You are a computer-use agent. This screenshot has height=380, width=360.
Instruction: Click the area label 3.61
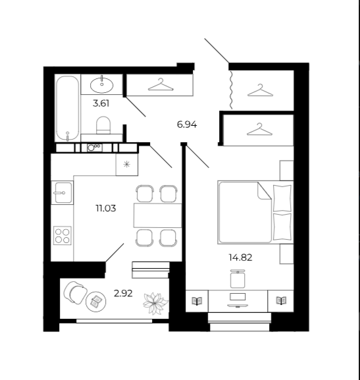[101, 103]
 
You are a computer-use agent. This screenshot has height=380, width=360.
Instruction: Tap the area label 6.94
[187, 124]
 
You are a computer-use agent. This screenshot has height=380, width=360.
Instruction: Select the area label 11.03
[106, 208]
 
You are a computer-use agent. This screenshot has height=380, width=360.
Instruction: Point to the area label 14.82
[241, 258]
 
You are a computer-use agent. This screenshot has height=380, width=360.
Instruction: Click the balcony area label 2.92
[123, 294]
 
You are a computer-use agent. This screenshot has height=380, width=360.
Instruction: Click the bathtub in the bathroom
[68, 108]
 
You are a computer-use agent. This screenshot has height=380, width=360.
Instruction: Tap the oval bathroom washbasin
[102, 84]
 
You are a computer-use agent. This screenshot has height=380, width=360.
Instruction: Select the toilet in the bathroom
[103, 125]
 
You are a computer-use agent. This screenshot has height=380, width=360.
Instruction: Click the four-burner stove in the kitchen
[63, 236]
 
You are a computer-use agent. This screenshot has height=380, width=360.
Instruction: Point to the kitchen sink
[63, 193]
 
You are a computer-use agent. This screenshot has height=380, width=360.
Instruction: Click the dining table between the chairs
[157, 215]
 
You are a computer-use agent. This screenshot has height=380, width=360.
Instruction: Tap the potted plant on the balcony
[155, 303]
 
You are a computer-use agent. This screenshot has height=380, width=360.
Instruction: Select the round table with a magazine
[96, 302]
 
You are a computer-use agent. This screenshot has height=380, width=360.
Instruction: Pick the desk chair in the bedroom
[238, 279]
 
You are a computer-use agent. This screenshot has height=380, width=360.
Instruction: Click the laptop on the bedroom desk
[238, 300]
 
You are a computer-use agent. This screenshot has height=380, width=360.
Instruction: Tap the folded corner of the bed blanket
[264, 192]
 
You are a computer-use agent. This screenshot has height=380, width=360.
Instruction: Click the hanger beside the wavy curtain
[260, 90]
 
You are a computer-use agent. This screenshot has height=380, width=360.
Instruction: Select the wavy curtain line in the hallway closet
[231, 90]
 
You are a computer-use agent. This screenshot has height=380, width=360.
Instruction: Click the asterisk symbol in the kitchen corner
[127, 165]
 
